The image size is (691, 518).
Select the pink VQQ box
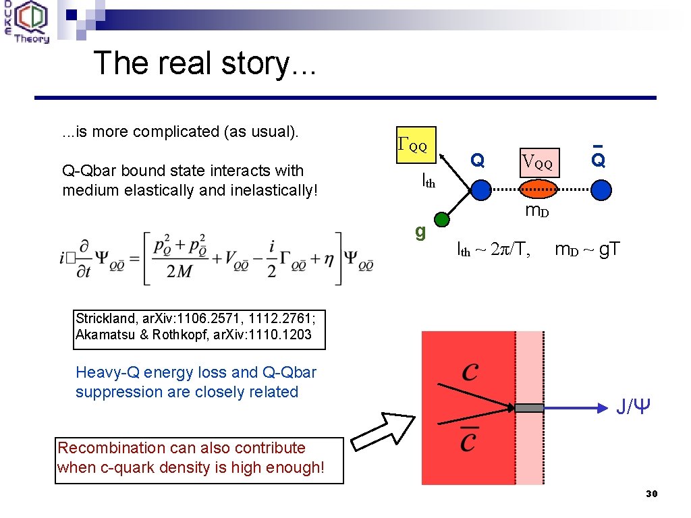coord(540,163)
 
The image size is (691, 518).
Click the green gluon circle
coord(441,219)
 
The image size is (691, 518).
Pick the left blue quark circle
coord(480,190)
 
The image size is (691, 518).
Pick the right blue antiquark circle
coord(601,190)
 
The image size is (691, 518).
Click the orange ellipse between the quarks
coord(540,190)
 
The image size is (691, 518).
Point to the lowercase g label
coord(420,231)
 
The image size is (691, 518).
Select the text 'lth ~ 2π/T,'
coord(493,250)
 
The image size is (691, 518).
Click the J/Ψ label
coord(633,407)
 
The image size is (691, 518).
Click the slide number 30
coord(651,494)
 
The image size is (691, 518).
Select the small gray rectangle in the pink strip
coord(530,407)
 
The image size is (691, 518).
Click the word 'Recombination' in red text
coord(101,448)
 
